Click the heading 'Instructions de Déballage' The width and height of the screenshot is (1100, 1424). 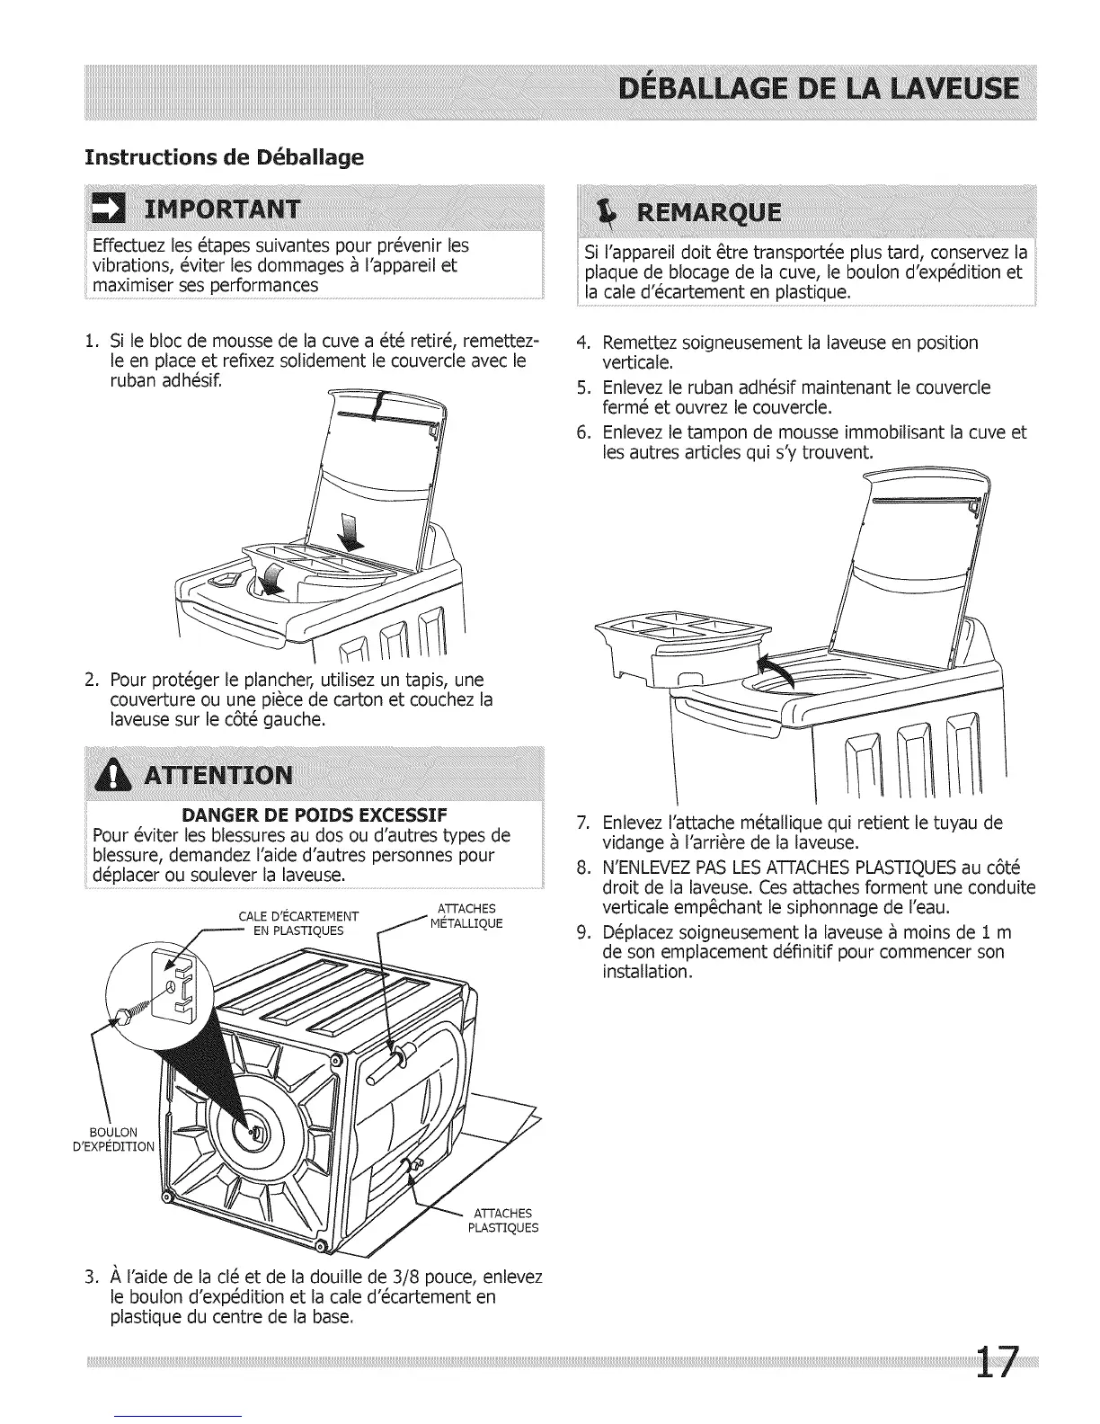(x=224, y=157)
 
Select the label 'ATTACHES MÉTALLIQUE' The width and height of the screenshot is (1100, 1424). (x=466, y=916)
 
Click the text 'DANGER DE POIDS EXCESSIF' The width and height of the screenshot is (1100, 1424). (x=315, y=816)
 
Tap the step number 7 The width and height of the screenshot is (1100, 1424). (x=582, y=823)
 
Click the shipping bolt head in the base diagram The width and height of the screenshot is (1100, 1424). (x=120, y=1016)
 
